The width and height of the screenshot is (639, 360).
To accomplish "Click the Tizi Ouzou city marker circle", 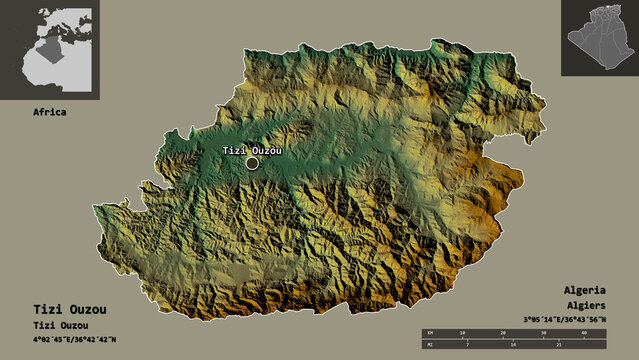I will (x=251, y=163).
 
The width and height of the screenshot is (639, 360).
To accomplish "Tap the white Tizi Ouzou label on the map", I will (x=251, y=150).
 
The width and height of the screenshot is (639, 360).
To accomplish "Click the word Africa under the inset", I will (x=49, y=112).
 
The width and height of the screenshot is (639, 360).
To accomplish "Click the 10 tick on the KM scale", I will (x=462, y=332).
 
